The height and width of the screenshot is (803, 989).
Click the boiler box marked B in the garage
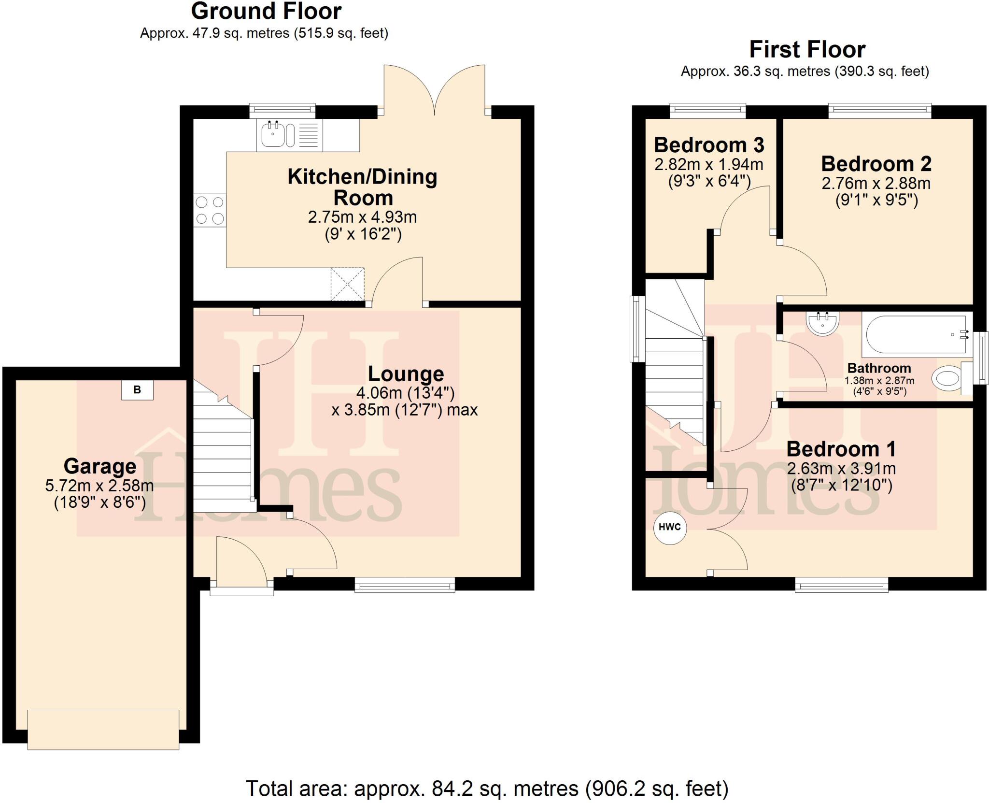point(137,390)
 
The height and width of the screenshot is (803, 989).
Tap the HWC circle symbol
point(669,527)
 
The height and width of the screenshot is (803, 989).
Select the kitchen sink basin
point(273,134)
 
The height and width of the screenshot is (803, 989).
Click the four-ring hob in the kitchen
point(210,210)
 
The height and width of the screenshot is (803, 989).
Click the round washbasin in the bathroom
point(822,323)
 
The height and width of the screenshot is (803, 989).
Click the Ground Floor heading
point(266,11)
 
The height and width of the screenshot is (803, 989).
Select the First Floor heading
point(807,49)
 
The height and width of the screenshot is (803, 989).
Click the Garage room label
point(100,466)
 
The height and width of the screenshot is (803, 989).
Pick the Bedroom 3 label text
point(709,145)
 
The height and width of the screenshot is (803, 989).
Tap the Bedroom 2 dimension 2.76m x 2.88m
point(876,183)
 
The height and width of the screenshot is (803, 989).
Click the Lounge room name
point(406,374)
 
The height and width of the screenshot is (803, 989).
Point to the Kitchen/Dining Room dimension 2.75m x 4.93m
point(362,217)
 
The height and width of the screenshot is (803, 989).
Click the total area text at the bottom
point(487,789)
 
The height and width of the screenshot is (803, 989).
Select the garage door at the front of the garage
point(103,729)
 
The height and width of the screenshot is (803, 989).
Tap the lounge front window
point(405,586)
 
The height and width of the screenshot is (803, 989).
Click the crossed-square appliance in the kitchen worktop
point(347,284)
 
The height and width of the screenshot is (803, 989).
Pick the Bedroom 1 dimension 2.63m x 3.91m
point(841,468)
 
